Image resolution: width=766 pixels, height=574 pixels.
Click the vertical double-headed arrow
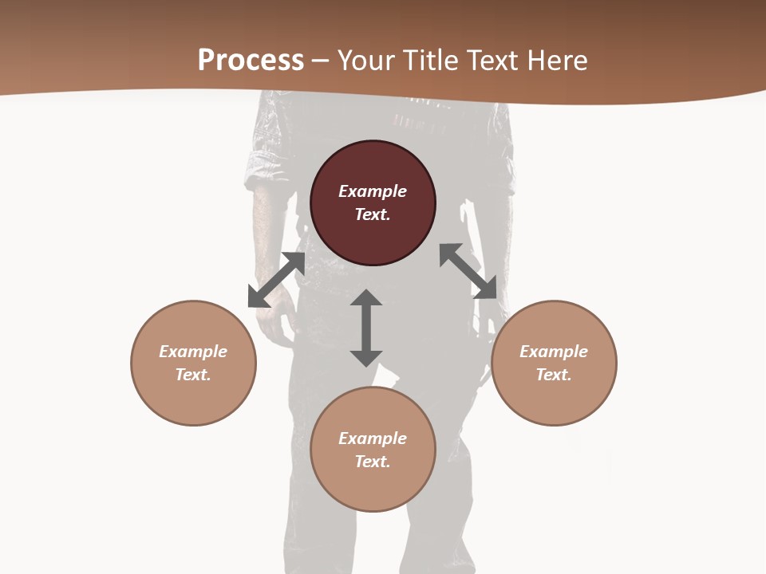366,328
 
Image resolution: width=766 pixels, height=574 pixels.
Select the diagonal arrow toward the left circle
276,280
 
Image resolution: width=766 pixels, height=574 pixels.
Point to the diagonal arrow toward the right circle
468,271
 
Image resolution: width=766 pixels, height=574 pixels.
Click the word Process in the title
251,60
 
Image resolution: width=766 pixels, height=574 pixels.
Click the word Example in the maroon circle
373,191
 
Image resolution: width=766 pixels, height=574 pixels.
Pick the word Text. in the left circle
193,375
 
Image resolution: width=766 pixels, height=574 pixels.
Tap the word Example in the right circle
554,352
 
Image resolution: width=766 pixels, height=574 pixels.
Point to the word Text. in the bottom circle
373,462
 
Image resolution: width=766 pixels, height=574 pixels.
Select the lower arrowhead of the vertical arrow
366,357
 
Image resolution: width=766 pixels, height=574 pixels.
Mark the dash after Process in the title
321,61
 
